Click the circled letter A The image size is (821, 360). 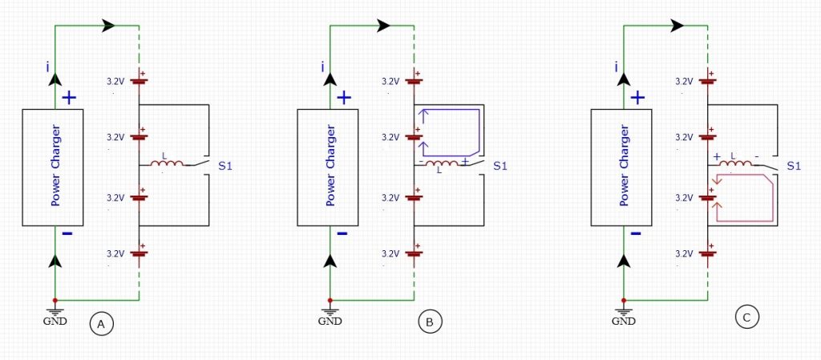pos(102,325)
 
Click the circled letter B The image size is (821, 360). pos(430,322)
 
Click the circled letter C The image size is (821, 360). pos(746,317)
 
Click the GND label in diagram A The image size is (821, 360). pos(55,321)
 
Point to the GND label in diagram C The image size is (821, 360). pos(623,321)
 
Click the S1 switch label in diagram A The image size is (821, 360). pos(225,167)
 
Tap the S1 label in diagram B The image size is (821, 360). pos(500,167)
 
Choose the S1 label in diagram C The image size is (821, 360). pos(795,167)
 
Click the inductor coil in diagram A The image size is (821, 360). pos(167,164)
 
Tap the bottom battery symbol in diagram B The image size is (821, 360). pos(415,253)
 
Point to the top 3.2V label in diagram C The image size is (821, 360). pos(683,81)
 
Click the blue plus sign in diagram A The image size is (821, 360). pos(69,97)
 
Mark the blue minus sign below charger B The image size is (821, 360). pos(342,233)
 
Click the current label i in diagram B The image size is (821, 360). pos(322,67)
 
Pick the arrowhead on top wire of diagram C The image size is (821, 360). pos(677,25)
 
